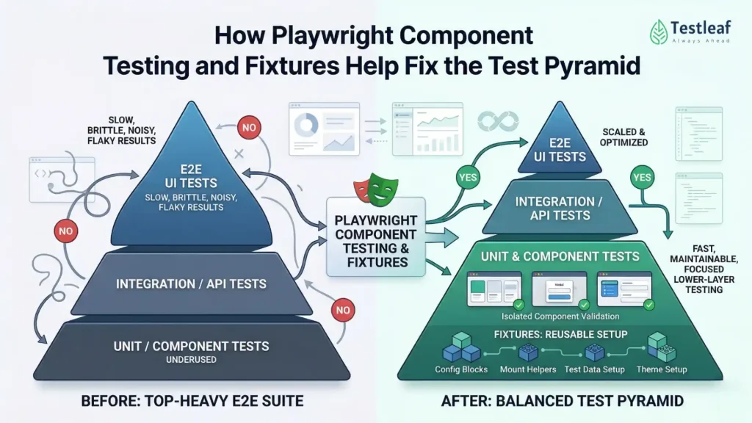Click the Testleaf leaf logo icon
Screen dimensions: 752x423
659,32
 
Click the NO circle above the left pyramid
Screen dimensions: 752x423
249,128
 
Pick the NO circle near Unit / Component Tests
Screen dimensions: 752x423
342,310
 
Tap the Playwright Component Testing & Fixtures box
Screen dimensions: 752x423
375,239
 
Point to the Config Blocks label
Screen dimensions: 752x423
460,369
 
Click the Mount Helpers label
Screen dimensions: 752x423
529,369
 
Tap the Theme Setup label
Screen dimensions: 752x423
661,369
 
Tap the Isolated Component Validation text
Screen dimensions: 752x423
560,317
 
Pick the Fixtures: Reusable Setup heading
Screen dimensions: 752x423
560,333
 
